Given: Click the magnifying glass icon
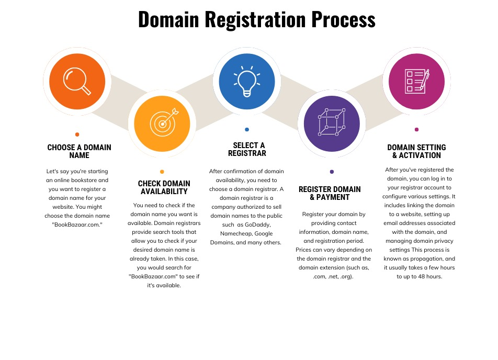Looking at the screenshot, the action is click(x=77, y=81).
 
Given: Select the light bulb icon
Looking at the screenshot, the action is click(x=247, y=81).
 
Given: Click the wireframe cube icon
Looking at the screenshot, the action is click(x=332, y=122).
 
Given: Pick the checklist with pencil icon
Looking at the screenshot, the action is click(x=417, y=81).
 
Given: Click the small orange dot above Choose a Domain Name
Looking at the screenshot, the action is click(x=77, y=134).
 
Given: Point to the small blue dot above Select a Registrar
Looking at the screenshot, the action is click(x=247, y=129).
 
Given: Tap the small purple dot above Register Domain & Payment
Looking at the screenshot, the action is click(x=332, y=172).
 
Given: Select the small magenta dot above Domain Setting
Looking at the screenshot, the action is click(x=417, y=129).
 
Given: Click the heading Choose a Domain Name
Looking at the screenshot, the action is click(x=79, y=151).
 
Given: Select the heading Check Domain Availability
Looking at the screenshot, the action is click(x=164, y=187).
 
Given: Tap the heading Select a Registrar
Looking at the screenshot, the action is click(x=247, y=149).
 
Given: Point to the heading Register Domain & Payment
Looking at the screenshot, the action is click(x=330, y=193).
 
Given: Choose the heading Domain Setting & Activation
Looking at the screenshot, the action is click(x=416, y=151).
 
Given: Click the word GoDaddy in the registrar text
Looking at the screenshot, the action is click(x=257, y=224).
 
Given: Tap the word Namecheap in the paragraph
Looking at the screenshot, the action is click(x=233, y=233).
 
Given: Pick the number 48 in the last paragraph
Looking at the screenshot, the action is click(x=421, y=276).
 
